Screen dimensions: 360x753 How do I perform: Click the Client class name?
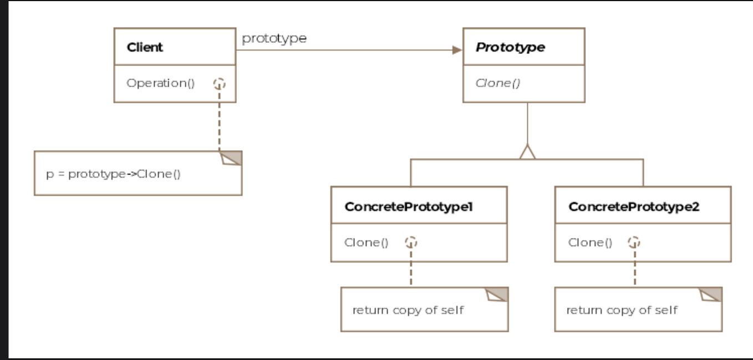click(145, 47)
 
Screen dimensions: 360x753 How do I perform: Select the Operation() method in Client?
click(161, 83)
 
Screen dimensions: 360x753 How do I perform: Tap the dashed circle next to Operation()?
click(220, 84)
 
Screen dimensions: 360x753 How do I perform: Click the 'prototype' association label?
click(274, 38)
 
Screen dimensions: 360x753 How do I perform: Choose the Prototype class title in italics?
click(510, 47)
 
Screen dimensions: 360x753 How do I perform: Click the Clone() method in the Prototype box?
click(498, 83)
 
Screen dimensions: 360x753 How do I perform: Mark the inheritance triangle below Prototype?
click(527, 152)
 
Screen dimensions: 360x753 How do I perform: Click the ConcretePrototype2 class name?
click(634, 207)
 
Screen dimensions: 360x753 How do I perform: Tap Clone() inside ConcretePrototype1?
click(367, 242)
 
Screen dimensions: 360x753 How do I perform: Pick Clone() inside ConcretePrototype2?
click(590, 242)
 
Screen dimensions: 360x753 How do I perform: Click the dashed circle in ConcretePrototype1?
click(411, 242)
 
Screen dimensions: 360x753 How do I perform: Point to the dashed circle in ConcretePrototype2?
click(634, 242)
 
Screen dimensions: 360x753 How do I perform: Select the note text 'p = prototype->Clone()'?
click(114, 174)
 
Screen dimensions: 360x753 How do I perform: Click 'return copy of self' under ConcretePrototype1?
click(408, 310)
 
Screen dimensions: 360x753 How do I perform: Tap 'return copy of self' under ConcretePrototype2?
click(622, 310)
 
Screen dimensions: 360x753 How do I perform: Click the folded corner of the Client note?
click(232, 158)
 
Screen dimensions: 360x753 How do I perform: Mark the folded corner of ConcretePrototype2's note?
click(711, 294)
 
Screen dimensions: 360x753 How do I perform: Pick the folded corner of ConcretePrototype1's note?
click(497, 294)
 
